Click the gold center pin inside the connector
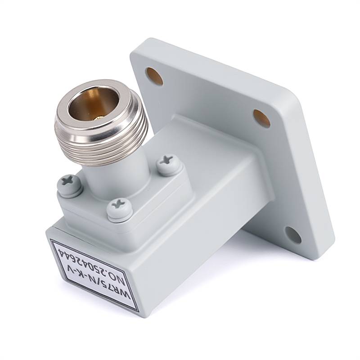tap(98, 118)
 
